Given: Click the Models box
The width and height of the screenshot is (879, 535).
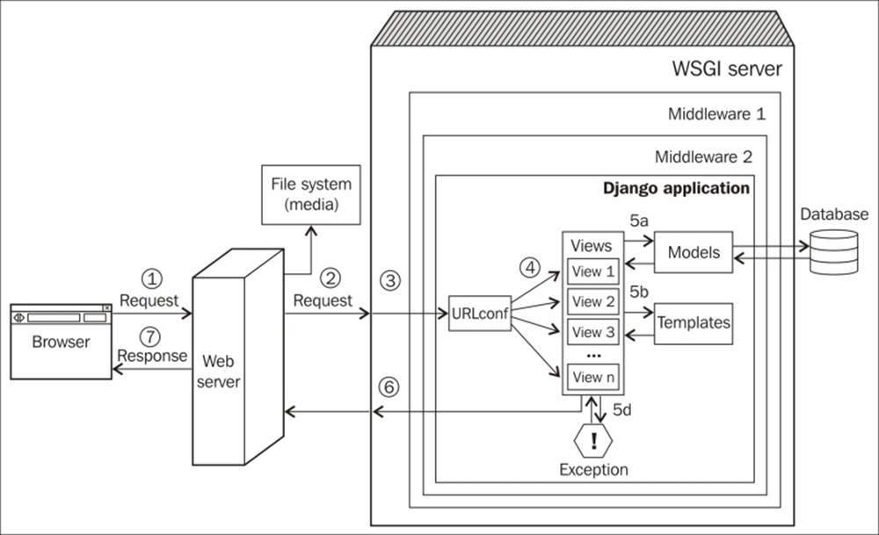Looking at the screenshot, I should pos(694,253).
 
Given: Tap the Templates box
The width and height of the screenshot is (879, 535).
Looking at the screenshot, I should pos(694,322).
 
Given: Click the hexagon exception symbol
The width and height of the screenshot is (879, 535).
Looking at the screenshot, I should pos(593,439).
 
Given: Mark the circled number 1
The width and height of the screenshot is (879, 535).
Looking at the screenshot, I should pos(154,278).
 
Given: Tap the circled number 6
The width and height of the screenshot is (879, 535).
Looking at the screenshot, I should pos(389,386).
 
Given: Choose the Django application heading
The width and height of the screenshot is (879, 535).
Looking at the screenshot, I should pos(676,188).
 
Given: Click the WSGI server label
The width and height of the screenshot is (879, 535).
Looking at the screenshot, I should pos(726,69).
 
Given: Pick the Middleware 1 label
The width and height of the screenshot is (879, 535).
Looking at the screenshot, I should pos(716,114).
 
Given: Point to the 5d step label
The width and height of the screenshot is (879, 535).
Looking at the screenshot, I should pos(624,410).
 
